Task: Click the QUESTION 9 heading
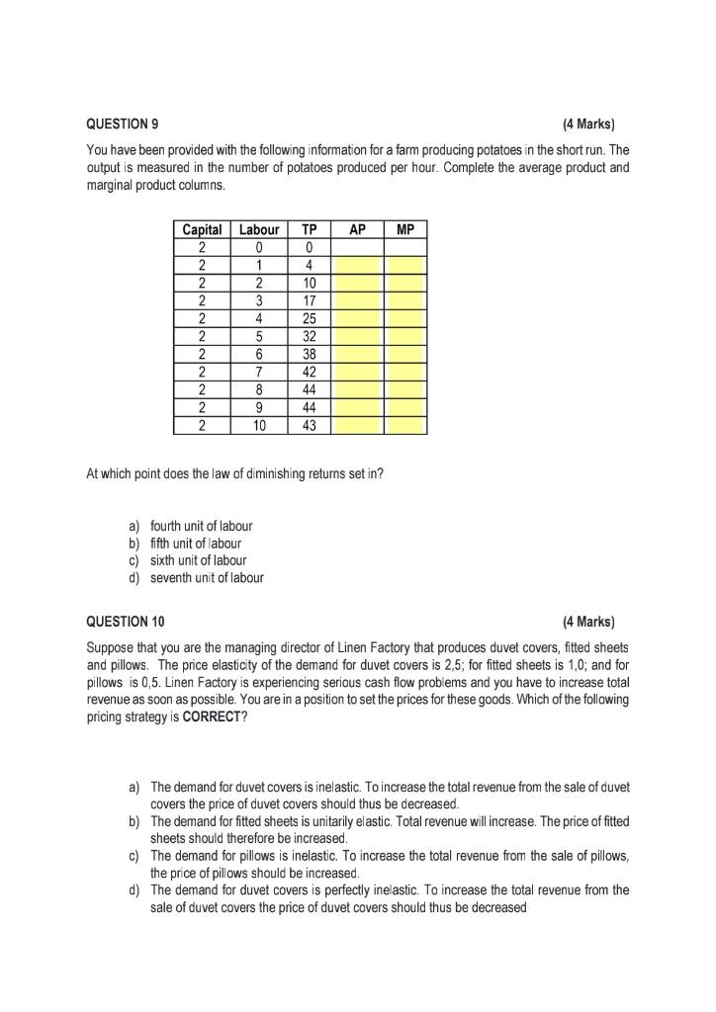(x=123, y=125)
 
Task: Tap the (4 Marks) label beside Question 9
(x=587, y=125)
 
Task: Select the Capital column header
(x=203, y=229)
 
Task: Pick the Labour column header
(x=259, y=229)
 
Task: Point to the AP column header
(x=358, y=229)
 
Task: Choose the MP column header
(x=405, y=229)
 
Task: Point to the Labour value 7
(x=259, y=372)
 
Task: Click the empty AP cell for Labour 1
(x=358, y=265)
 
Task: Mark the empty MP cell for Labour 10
(x=405, y=425)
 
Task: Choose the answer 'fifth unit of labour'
(x=196, y=543)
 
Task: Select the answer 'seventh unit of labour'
(x=207, y=578)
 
